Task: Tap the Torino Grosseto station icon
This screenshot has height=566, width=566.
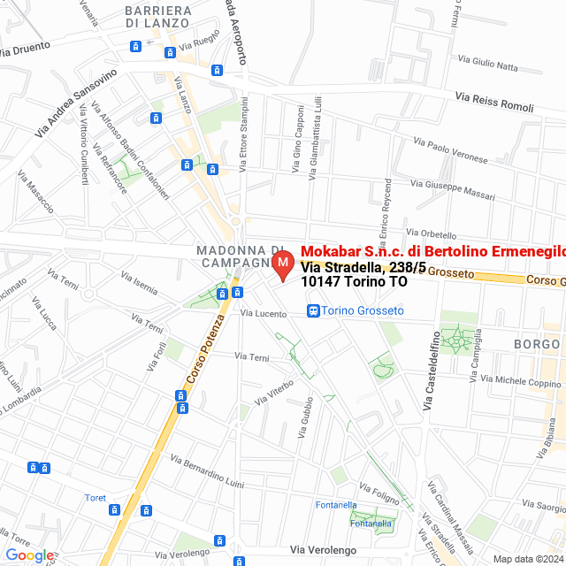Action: click(313, 310)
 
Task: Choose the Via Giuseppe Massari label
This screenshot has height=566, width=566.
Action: click(454, 187)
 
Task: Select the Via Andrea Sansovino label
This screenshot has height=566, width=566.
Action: click(76, 103)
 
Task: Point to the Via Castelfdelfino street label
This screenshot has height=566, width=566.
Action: click(431, 370)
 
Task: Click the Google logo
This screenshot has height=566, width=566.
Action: click(29, 555)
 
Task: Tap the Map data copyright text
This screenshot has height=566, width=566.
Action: click(528, 559)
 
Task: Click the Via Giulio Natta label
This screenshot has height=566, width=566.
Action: click(488, 63)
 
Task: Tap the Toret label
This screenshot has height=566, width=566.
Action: click(96, 498)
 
